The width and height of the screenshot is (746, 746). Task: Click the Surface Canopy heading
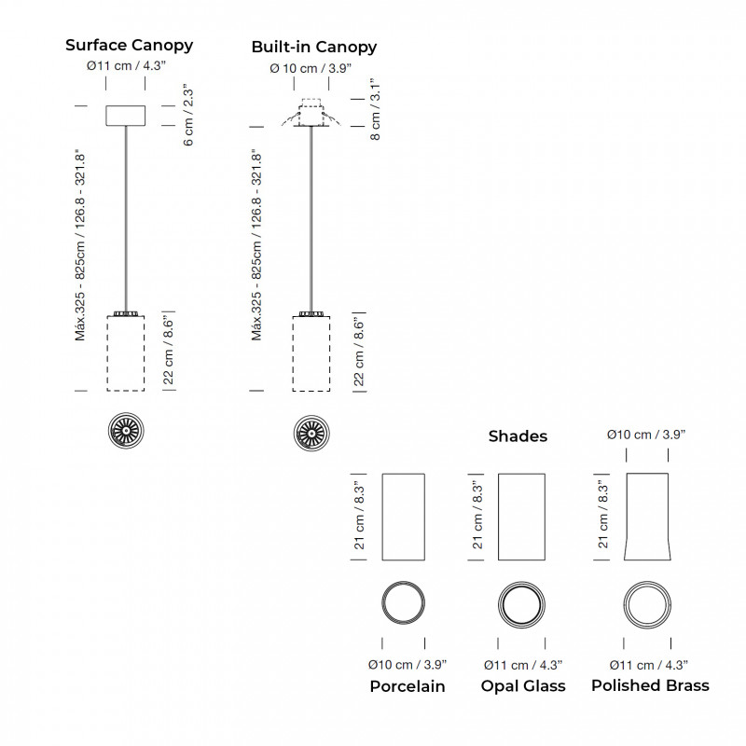(x=129, y=45)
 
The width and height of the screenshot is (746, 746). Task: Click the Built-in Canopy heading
(x=314, y=47)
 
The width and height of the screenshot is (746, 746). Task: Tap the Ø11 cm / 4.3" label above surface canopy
(x=126, y=67)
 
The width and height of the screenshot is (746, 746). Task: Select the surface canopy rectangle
(x=126, y=115)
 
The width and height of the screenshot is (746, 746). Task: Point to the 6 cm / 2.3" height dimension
(x=188, y=115)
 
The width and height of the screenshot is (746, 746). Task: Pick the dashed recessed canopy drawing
(x=311, y=115)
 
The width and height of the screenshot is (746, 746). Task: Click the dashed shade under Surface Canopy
(x=125, y=353)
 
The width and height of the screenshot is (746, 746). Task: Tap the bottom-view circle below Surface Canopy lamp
(x=125, y=430)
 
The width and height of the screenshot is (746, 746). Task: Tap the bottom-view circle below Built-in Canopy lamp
(x=311, y=432)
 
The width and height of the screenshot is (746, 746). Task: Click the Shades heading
(x=518, y=435)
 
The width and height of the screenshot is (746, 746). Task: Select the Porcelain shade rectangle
(x=404, y=517)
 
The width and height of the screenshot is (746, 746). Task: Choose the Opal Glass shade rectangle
(x=522, y=517)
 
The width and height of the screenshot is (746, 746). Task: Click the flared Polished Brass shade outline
(x=646, y=517)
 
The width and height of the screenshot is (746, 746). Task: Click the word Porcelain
(x=407, y=686)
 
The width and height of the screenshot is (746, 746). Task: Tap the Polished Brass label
(x=650, y=685)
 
